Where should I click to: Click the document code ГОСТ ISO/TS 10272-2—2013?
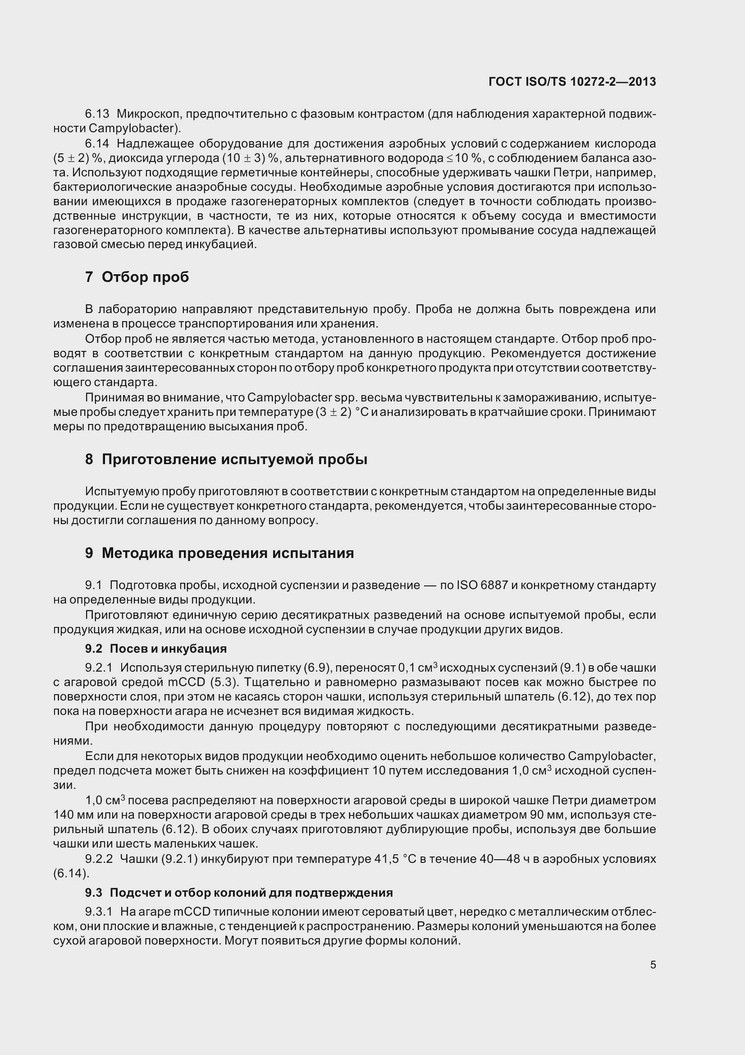[x=572, y=82]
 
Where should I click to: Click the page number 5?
[x=653, y=965]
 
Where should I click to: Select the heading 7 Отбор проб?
[x=137, y=277]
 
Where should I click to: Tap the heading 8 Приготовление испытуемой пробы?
[x=226, y=459]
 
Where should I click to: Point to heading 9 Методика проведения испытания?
[x=219, y=553]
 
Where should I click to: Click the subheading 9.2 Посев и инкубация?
[x=155, y=649]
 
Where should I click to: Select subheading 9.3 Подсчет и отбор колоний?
[x=239, y=893]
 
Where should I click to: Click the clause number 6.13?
[x=97, y=114]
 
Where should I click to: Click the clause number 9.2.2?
[x=99, y=859]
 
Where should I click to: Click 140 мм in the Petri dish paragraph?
[x=70, y=815]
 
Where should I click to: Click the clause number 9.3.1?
[x=99, y=912]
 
